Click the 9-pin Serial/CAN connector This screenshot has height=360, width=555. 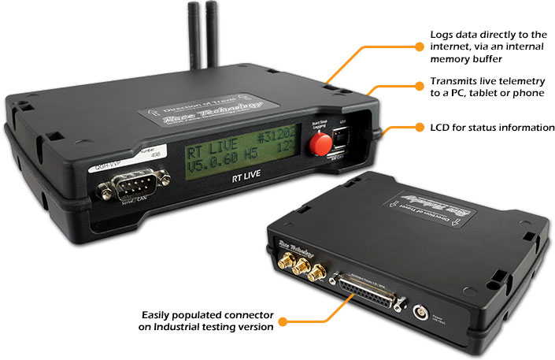pyautogui.click(x=122, y=190)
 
